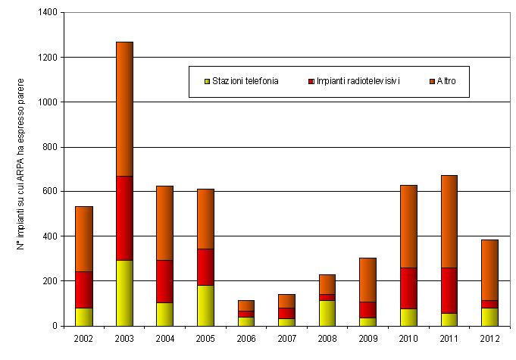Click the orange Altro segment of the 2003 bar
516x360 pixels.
(124, 108)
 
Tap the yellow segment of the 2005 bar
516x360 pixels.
(205, 305)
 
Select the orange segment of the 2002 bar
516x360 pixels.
(83, 239)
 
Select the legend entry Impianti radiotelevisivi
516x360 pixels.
(354, 81)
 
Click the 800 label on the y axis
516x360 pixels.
(48, 147)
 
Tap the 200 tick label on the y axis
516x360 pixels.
(48, 281)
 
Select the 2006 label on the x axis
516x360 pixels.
(246, 338)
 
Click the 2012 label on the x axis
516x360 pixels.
(489, 338)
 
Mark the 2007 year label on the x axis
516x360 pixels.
(286, 338)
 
